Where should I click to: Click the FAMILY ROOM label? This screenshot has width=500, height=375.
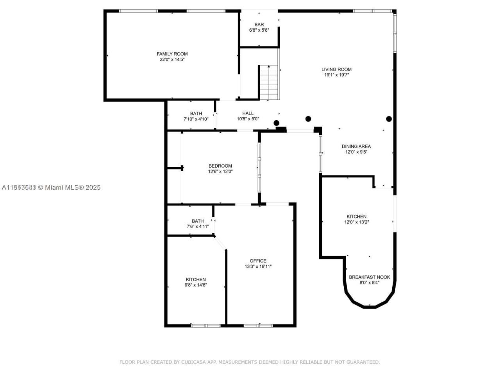[x=172, y=54]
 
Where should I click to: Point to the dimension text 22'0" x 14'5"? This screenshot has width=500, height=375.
[x=172, y=60]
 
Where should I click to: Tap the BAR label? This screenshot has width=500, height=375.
[x=259, y=25]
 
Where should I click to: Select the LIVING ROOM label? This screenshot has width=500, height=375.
[x=336, y=70]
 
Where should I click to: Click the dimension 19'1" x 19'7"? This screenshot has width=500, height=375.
[x=336, y=75]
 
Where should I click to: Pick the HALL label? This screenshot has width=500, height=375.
[x=248, y=113]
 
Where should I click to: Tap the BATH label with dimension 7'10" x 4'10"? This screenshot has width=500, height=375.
[x=196, y=114]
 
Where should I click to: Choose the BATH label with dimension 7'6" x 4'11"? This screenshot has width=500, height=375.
[x=198, y=221]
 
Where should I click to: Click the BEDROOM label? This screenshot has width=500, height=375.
[x=220, y=166]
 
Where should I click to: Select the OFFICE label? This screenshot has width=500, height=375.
[x=258, y=261]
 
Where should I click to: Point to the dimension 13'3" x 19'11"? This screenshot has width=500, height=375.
[x=258, y=267]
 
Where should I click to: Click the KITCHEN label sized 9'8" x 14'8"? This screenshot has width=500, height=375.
[x=196, y=280]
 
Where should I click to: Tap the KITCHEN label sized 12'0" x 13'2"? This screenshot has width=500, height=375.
[x=357, y=216]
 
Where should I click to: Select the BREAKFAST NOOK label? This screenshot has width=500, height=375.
[x=370, y=277]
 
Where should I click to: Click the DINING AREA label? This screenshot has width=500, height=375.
[x=356, y=146]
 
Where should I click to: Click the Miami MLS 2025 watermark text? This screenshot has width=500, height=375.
[x=73, y=187]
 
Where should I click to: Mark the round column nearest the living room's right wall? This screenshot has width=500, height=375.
[x=389, y=119]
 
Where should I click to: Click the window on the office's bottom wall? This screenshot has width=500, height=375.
[x=258, y=325]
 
